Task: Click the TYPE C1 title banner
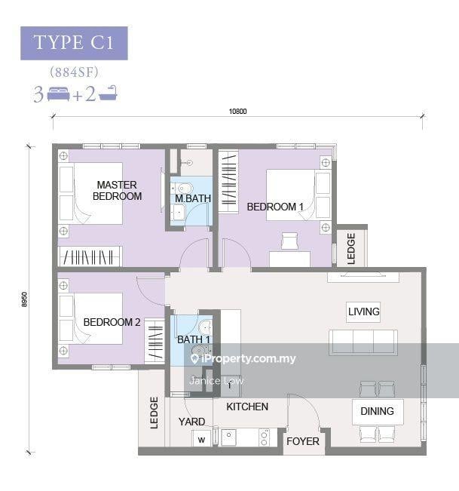tap(74, 43)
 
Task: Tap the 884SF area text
tap(74, 72)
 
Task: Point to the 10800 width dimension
tap(238, 111)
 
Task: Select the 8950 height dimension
tap(24, 299)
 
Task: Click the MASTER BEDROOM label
tap(117, 190)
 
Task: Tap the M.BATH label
tap(193, 198)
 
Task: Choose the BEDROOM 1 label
tap(275, 207)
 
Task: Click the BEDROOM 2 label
tap(112, 322)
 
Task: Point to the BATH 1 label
tap(194, 339)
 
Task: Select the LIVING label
tap(363, 311)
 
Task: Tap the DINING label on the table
tap(377, 411)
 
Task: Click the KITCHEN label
tap(247, 407)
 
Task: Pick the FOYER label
tap(303, 441)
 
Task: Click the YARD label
tap(191, 422)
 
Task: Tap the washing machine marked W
tap(201, 438)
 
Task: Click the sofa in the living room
tap(363, 342)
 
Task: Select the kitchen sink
tap(228, 437)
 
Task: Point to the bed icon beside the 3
tap(59, 94)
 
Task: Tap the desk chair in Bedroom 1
tap(289, 241)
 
